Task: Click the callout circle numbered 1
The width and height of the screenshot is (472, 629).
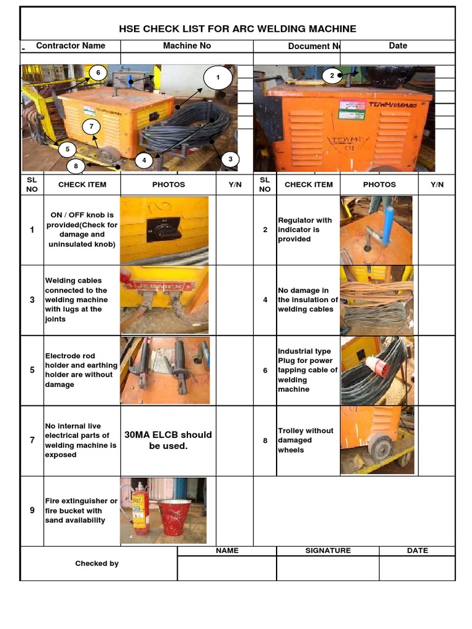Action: (x=216, y=78)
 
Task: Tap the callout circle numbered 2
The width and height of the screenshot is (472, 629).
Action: (x=332, y=76)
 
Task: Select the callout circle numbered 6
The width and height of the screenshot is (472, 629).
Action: (x=97, y=73)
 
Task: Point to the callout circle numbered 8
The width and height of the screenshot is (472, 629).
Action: (x=76, y=165)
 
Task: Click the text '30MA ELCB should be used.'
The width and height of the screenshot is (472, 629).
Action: (x=168, y=440)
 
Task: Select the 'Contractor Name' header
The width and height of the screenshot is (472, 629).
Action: (x=71, y=45)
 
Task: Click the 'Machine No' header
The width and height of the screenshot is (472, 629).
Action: (x=187, y=45)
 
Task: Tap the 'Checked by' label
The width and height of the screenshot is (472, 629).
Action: (x=97, y=563)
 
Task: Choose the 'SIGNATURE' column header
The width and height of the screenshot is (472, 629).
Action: (x=328, y=550)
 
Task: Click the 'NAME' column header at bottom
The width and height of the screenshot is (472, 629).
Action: (x=227, y=550)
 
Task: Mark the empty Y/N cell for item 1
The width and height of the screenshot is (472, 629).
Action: (x=234, y=230)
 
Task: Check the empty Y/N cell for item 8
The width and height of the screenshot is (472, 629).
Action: (x=437, y=440)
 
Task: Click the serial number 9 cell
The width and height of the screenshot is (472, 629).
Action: (x=32, y=510)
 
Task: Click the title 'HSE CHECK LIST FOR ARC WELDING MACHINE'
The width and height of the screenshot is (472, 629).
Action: (x=237, y=29)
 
